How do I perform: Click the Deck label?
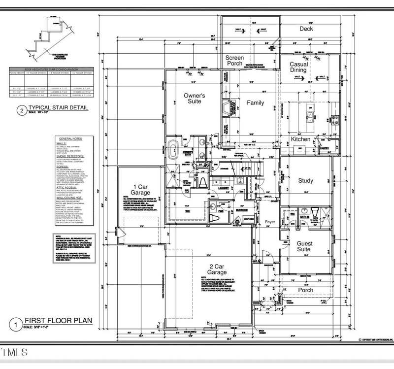(x=306, y=29)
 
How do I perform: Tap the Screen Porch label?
(x=234, y=61)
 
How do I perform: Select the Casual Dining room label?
(x=298, y=67)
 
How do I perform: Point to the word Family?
(x=256, y=103)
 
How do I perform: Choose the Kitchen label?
(x=300, y=139)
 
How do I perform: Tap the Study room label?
(x=305, y=181)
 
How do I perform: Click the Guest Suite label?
(x=304, y=246)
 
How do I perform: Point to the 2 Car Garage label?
(x=217, y=269)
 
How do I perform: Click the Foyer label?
(x=270, y=222)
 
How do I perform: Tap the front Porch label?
(x=305, y=290)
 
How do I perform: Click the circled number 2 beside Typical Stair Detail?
(x=21, y=110)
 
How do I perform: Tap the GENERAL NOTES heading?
(x=72, y=140)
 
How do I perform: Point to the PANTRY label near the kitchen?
(x=325, y=148)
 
